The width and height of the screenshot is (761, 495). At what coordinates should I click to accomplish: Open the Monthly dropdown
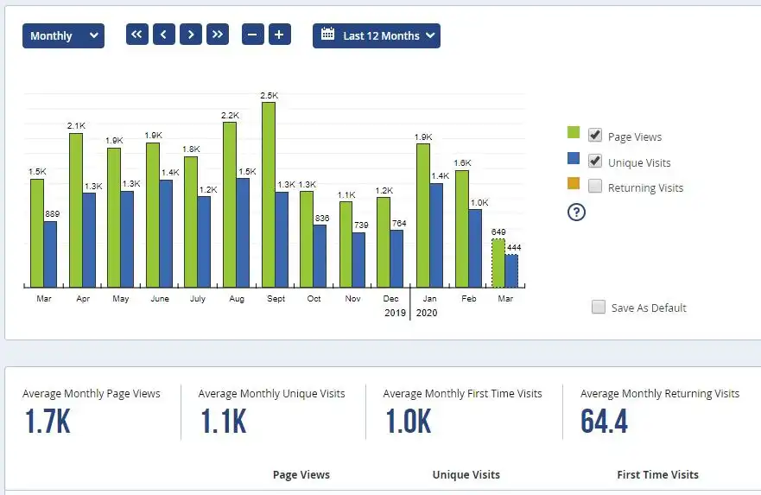(63, 35)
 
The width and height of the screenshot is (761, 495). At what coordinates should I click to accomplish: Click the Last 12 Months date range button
(376, 35)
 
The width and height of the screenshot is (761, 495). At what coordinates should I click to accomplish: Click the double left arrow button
(137, 35)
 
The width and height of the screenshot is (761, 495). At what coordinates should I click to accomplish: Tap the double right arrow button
(218, 35)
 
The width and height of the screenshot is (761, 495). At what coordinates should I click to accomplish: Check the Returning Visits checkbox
(595, 187)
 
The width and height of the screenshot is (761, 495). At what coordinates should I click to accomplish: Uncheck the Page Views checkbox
(595, 136)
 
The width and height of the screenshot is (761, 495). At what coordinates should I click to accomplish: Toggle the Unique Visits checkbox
(595, 161)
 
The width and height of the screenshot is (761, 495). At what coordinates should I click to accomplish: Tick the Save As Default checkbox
(599, 307)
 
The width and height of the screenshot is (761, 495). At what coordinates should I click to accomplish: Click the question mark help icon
(576, 212)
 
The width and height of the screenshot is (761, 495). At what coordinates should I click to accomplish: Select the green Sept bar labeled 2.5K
(269, 194)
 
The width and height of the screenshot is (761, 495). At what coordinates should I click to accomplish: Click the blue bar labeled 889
(50, 254)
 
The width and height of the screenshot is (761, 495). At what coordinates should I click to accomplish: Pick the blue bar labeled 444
(511, 270)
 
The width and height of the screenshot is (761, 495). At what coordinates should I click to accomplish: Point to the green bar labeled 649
(498, 263)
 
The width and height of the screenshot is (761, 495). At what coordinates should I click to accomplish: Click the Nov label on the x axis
(352, 299)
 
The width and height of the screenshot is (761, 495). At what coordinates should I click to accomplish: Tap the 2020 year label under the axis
(427, 313)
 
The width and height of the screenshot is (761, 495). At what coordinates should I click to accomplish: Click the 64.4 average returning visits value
(604, 422)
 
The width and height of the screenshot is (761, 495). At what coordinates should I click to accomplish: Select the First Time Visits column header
(657, 474)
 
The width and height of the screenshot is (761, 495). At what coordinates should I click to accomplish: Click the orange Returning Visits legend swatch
(574, 184)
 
